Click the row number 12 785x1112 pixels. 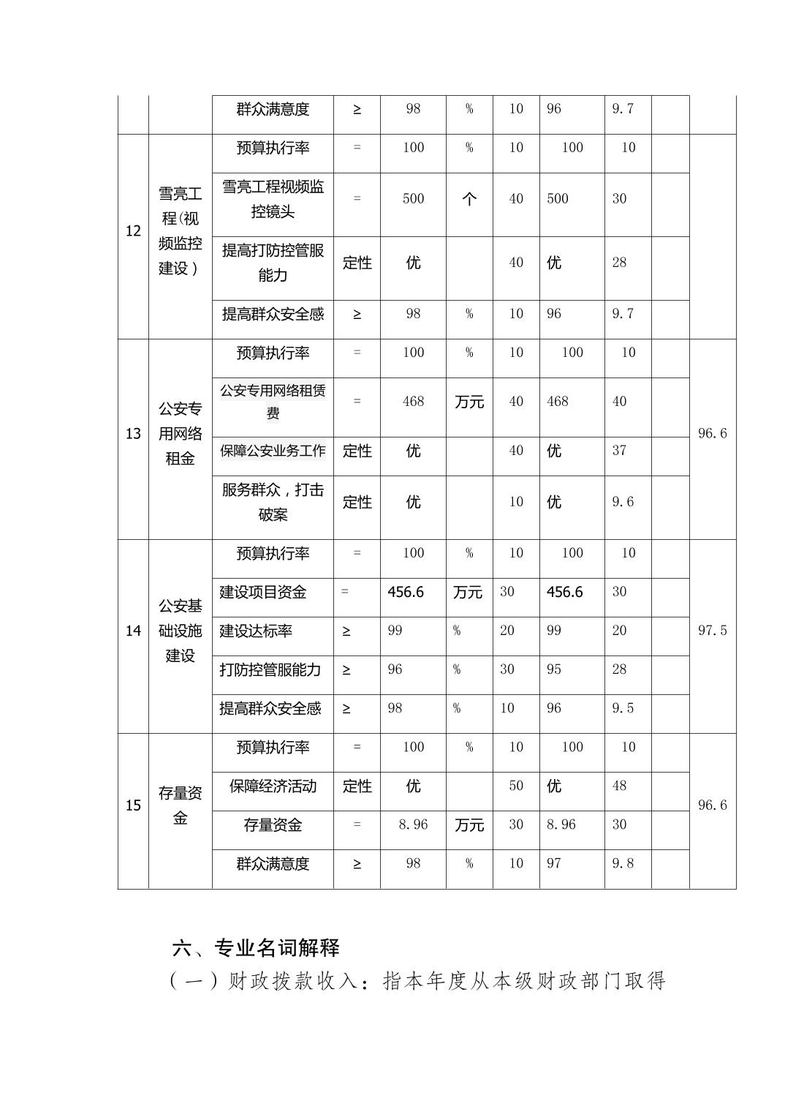(133, 231)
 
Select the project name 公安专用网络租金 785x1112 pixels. (180, 434)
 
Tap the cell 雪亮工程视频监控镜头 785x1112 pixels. (273, 199)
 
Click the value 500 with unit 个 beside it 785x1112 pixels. (413, 199)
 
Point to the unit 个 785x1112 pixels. (469, 199)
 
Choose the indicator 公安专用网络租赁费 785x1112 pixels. (273, 402)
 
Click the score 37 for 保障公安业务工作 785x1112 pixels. (619, 451)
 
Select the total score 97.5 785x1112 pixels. (712, 631)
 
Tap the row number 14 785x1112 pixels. (133, 631)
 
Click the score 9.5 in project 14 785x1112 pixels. (623, 708)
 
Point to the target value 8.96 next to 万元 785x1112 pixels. (413, 824)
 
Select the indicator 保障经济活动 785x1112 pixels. (273, 786)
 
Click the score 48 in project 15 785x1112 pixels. (619, 786)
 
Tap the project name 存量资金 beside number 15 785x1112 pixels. (180, 805)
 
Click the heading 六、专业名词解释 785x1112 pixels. (256, 948)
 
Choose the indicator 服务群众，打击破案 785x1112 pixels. (273, 502)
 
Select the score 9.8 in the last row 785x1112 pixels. (623, 863)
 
